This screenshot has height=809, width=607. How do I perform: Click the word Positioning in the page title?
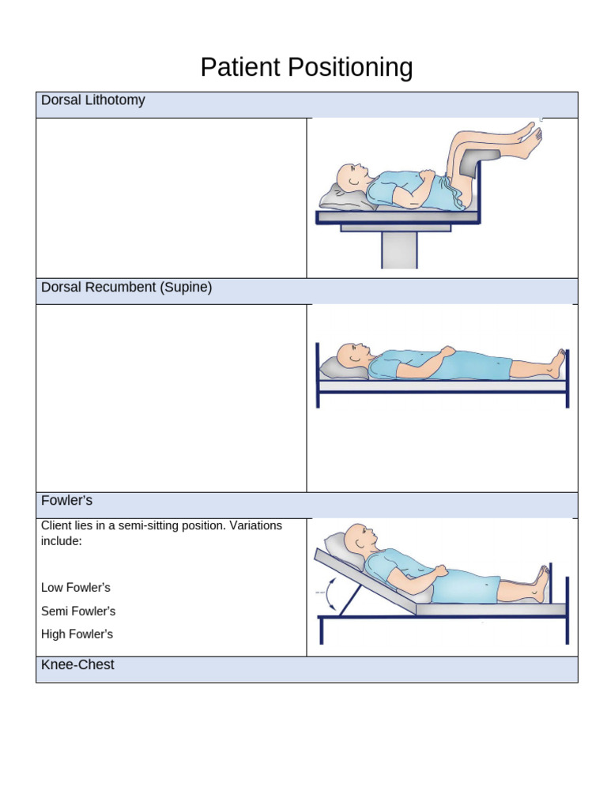(349, 68)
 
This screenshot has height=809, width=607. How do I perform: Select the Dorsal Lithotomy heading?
(92, 100)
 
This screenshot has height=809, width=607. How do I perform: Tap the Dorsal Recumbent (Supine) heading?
(126, 288)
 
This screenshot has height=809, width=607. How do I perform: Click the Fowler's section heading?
(66, 500)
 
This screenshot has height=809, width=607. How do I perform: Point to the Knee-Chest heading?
(77, 665)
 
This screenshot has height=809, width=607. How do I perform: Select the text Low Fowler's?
(76, 588)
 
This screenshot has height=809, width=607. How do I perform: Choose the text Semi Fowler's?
(78, 611)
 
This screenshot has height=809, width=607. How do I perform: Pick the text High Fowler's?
(77, 634)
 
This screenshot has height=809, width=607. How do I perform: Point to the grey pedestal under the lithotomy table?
(399, 250)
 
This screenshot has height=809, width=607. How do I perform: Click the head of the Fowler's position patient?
(358, 537)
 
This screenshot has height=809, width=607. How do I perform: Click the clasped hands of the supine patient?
(447, 352)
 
